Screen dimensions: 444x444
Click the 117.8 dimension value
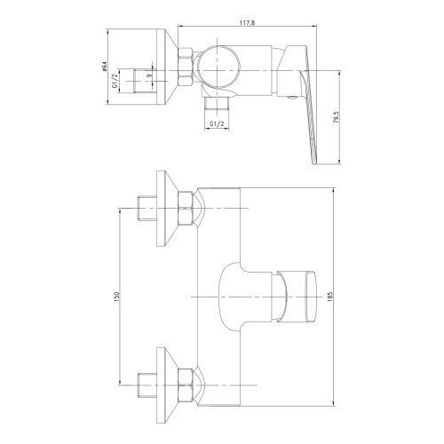point(247,23)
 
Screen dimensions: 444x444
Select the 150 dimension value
point(116,297)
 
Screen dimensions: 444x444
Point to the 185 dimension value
point(330,297)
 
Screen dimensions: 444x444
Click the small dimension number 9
point(150,75)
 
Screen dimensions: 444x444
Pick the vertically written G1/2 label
point(115,81)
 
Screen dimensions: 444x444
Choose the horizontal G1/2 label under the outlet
point(217,124)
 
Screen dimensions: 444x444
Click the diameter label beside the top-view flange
point(104,67)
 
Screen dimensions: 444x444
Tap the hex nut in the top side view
point(185,67)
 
